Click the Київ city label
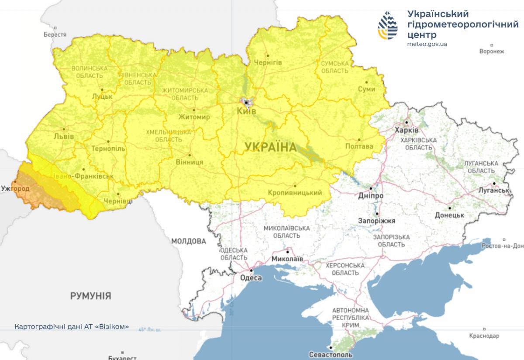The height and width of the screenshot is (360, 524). (247, 111)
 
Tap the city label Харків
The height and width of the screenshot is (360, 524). (406, 130)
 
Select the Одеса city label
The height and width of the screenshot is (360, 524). (251, 278)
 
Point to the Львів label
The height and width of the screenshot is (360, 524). (63, 136)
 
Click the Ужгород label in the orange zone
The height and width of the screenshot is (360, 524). (15, 189)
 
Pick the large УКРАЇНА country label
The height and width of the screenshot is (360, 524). (270, 147)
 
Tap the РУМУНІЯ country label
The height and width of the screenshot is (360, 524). (90, 296)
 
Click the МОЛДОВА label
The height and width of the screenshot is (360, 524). (188, 241)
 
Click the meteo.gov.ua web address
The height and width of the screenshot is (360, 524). (427, 44)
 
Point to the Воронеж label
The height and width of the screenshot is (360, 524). (491, 52)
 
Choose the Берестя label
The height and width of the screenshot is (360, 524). (55, 35)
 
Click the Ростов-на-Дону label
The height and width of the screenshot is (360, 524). (502, 246)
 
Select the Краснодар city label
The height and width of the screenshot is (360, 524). (484, 336)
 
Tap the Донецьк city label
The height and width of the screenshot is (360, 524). (449, 215)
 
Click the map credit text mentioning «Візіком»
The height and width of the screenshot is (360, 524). (72, 326)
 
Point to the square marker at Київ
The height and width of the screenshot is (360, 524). (246, 103)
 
